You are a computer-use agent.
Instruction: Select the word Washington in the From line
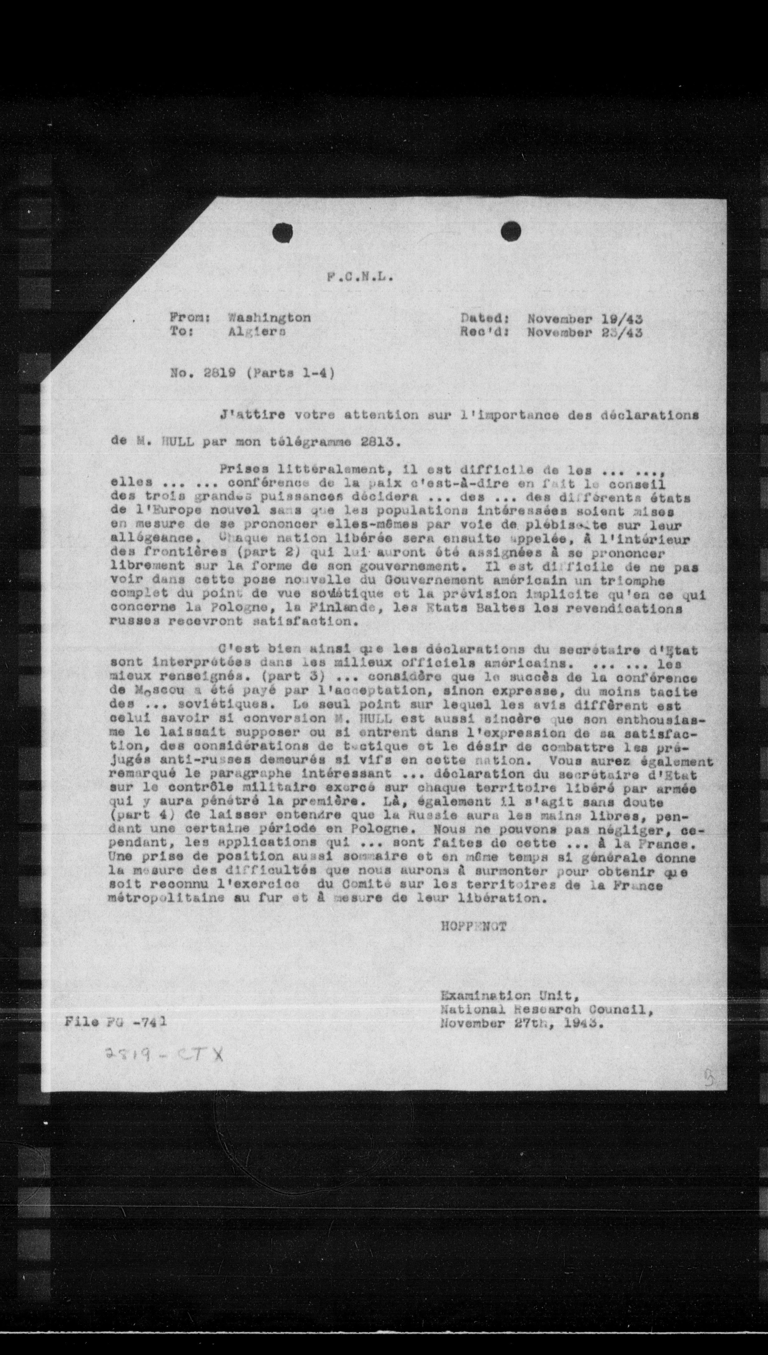269,318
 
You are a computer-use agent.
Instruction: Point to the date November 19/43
584,319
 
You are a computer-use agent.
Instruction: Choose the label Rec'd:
484,333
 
